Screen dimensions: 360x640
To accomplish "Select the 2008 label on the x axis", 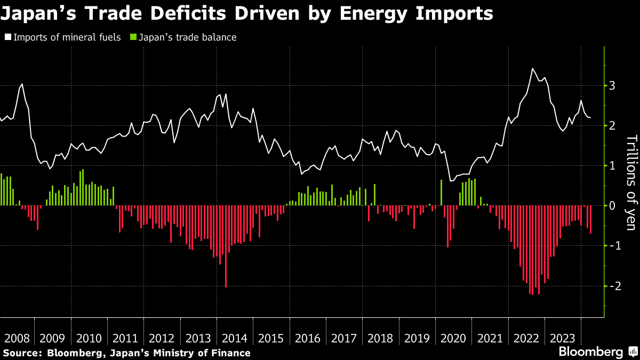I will (17, 338).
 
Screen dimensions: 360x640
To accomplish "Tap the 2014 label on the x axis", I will (235, 338).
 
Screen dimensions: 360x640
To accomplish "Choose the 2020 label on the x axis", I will (453, 338).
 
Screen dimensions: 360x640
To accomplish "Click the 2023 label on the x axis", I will (562, 338).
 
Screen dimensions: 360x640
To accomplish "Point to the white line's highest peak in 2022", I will (532, 69).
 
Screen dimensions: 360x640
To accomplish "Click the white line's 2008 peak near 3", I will (22, 84).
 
